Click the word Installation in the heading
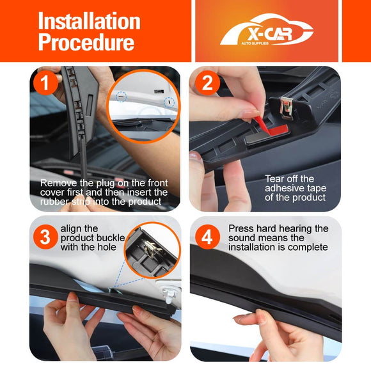pyautogui.click(x=89, y=21)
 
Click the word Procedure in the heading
pyautogui.click(x=86, y=42)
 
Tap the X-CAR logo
pyautogui.click(x=267, y=29)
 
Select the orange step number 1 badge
pyautogui.click(x=45, y=83)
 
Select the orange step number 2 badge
pyautogui.click(x=207, y=83)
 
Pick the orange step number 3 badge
pyautogui.click(x=45, y=237)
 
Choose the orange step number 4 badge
pyautogui.click(x=207, y=237)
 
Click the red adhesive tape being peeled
pyautogui.click(x=272, y=129)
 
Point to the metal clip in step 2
pyautogui.click(x=287, y=108)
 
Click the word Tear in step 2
pyautogui.click(x=274, y=178)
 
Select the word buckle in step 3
pyautogui.click(x=111, y=238)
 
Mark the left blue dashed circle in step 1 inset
pyautogui.click(x=121, y=97)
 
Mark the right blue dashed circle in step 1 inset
pyautogui.click(x=170, y=102)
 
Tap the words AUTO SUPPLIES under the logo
pyautogui.click(x=255, y=43)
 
